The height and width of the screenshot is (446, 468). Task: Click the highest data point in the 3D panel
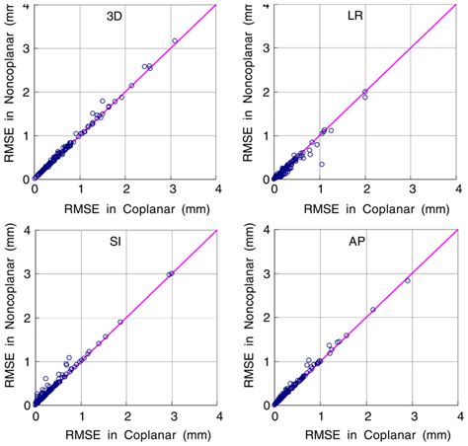(x=175, y=40)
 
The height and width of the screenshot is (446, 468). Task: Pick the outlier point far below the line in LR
(x=321, y=164)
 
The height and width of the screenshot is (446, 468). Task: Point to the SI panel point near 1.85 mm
(x=120, y=322)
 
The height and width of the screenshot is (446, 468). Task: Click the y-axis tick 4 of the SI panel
(x=25, y=232)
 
